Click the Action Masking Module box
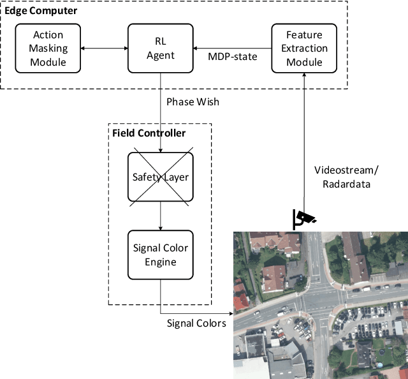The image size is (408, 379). click(48, 48)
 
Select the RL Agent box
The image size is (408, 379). click(160, 48)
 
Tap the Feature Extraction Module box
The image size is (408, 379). click(304, 48)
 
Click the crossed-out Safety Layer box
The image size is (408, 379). click(160, 177)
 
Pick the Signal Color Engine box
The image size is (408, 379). click(160, 255)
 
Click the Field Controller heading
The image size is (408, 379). click(149, 133)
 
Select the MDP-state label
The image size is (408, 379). click(233, 57)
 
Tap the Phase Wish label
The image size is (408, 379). click(193, 101)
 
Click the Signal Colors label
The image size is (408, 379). click(196, 323)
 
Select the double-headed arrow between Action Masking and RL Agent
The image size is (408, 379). click(105, 48)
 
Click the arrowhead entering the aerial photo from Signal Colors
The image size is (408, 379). click(231, 313)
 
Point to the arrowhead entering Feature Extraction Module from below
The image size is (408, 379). click(304, 75)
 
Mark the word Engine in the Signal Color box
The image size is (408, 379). click(160, 261)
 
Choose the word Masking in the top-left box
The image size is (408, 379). click(48, 48)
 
